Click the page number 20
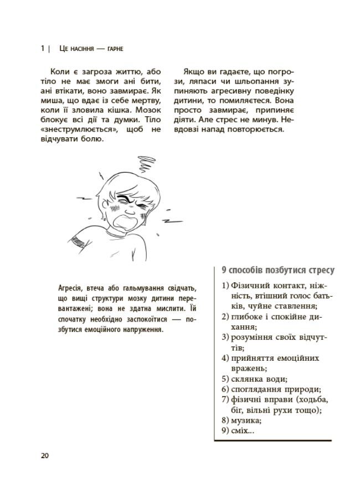(x=45, y=455)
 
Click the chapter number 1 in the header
(x=43, y=49)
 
